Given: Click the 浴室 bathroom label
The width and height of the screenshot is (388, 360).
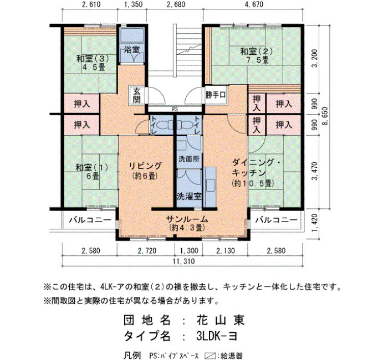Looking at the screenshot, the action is (132, 50).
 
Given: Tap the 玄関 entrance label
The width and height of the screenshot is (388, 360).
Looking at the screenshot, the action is (137, 95).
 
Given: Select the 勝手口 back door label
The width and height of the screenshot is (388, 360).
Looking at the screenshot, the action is (216, 95).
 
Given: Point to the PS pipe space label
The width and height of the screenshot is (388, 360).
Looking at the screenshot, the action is (175, 109).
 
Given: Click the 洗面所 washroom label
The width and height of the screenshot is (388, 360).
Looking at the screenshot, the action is (189, 159).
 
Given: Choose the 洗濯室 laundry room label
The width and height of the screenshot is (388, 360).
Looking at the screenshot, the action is (189, 196).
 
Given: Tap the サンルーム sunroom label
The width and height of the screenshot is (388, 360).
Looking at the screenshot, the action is (187, 219).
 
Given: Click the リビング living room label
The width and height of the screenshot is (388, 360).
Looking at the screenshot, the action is (145, 166).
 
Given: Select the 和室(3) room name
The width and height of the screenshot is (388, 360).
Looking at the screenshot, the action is (93, 59).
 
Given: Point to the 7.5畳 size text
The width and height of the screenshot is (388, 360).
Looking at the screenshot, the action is (258, 60).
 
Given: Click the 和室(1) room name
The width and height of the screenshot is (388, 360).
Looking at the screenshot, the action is (92, 167).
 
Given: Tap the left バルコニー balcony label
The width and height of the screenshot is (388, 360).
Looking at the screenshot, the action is (90, 220).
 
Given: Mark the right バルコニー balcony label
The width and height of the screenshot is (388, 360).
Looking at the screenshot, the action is (276, 220).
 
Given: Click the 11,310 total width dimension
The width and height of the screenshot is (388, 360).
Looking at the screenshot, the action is (183, 261).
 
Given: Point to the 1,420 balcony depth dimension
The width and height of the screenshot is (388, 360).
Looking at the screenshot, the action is (314, 223).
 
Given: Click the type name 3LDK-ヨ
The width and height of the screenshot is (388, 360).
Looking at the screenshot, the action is (217, 336).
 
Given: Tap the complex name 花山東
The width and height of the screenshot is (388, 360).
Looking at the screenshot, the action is (221, 320).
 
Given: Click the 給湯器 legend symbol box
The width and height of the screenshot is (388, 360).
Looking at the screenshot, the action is (210, 356).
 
